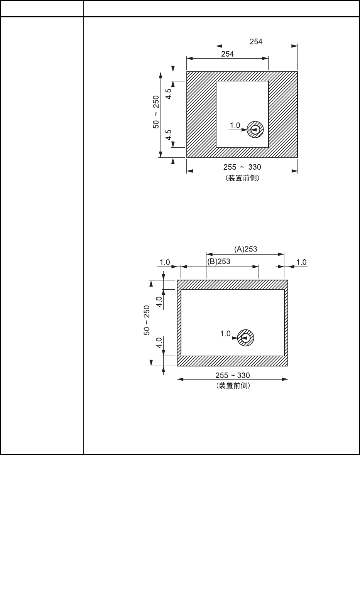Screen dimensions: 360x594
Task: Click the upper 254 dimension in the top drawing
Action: pos(256,42)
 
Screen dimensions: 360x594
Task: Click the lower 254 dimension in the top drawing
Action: pos(227,54)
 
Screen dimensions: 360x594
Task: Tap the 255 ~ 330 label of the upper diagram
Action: pos(242,167)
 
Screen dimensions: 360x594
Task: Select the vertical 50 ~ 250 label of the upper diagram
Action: pos(156,112)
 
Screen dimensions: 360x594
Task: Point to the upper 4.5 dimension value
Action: pos(169,94)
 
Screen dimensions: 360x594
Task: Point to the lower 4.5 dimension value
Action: pos(169,135)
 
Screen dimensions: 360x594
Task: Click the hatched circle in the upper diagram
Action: pos(255,130)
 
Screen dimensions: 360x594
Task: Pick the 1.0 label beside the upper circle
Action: pos(235,125)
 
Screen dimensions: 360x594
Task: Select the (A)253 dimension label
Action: pos(245,249)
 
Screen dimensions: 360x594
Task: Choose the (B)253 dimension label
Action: pos(218,261)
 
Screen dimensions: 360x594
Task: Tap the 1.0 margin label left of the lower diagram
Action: pos(165,262)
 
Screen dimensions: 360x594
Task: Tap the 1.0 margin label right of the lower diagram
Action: pos(301,262)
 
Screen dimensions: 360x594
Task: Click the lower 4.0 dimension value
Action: pos(159,343)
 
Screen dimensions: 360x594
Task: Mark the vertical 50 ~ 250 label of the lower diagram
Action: pos(147,320)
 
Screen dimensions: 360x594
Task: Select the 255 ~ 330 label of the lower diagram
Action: pos(232,375)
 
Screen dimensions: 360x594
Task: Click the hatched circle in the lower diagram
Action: pos(245,338)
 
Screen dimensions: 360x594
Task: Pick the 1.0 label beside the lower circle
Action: pos(225,333)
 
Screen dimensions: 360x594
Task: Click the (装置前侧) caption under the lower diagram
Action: pos(232,386)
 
